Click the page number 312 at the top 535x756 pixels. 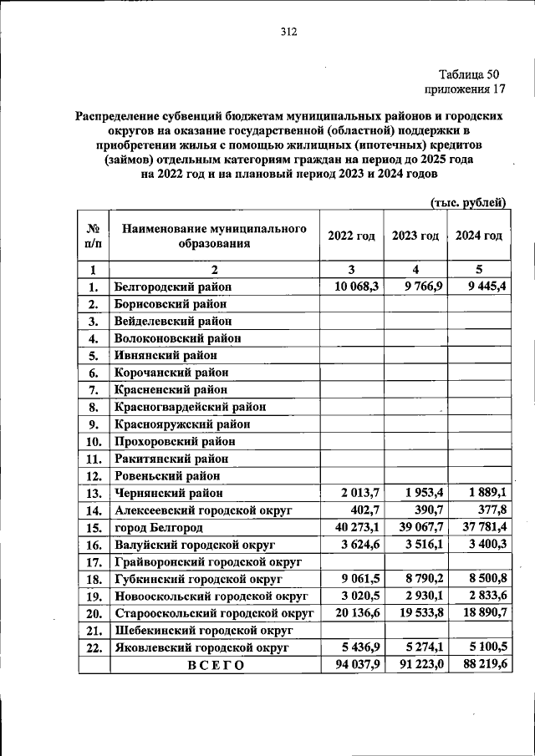pyautogui.click(x=288, y=33)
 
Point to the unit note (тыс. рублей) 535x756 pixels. pyautogui.click(x=469, y=201)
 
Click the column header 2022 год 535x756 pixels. pyautogui.click(x=352, y=236)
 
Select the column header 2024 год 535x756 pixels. pyautogui.click(x=479, y=236)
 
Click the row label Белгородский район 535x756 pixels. pyautogui.click(x=173, y=287)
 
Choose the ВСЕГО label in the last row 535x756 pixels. pyautogui.click(x=216, y=665)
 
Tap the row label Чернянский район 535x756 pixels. pyautogui.click(x=169, y=493)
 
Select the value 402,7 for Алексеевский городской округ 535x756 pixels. pyautogui.click(x=364, y=510)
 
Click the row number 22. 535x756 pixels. pyautogui.click(x=94, y=647)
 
